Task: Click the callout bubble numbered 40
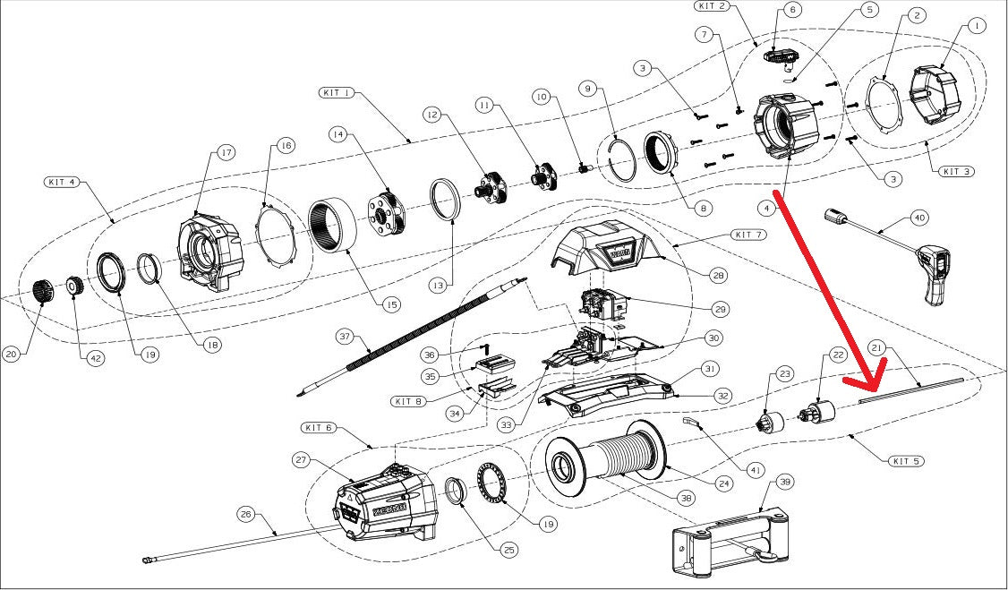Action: click(x=919, y=218)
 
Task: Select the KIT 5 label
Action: click(x=906, y=461)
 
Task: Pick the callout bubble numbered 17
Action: click(x=226, y=153)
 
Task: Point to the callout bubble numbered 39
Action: click(x=785, y=482)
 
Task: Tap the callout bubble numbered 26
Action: click(x=247, y=515)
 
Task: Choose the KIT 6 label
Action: click(x=318, y=428)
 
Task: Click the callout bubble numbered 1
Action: click(x=975, y=26)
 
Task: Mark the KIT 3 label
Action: click(x=955, y=171)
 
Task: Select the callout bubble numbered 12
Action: click(x=432, y=115)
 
